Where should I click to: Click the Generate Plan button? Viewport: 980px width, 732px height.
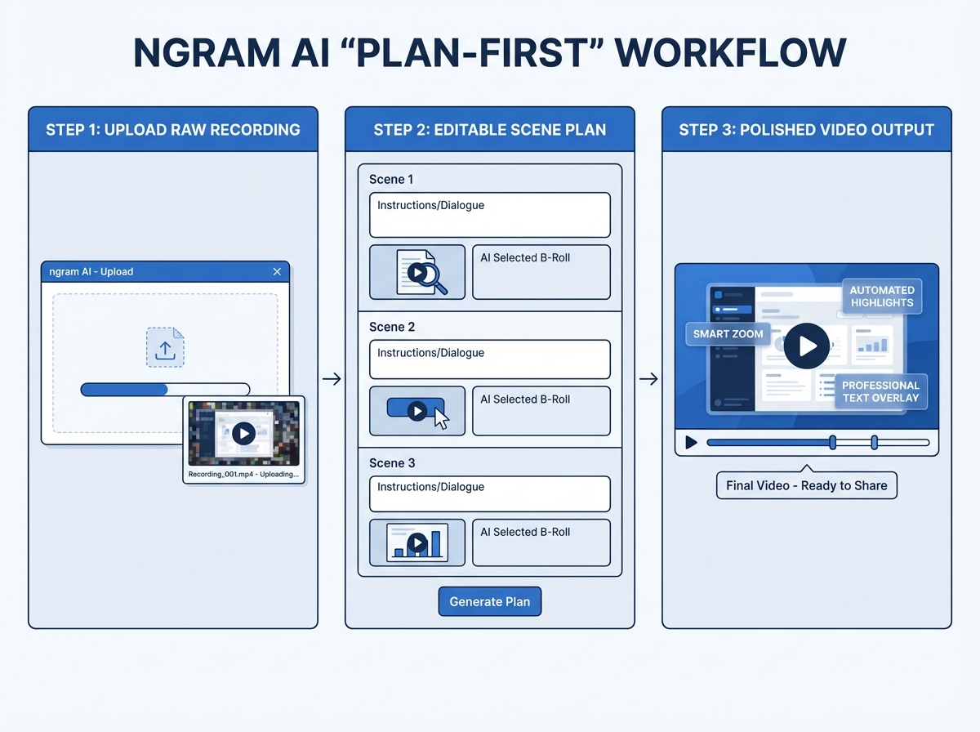point(490,601)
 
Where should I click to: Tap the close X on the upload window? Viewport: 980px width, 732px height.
point(277,272)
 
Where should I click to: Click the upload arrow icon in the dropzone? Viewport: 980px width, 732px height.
point(165,347)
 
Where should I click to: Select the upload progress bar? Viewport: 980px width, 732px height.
point(165,390)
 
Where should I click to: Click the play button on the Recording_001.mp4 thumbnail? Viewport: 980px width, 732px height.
point(243,433)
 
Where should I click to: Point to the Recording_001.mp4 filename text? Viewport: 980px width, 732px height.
point(243,474)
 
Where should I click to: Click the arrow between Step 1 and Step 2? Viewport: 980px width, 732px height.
point(332,379)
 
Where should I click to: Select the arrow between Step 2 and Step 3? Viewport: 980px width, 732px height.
point(648,379)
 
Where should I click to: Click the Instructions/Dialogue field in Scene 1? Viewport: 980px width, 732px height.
point(489,215)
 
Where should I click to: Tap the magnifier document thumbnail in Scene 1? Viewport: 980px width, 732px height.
point(417,272)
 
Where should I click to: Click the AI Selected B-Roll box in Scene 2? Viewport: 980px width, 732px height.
point(541,411)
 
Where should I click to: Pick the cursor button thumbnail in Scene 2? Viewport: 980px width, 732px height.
point(417,411)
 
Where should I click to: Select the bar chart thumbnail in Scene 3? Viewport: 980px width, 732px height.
point(417,542)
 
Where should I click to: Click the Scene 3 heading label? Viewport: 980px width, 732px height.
point(392,463)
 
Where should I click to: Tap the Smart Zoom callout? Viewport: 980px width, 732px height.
point(728,333)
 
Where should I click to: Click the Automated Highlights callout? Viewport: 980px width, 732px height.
point(881,297)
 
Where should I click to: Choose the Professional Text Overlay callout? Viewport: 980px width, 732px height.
point(880,391)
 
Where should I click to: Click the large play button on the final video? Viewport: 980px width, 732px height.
point(807,346)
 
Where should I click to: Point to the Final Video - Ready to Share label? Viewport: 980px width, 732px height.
point(806,485)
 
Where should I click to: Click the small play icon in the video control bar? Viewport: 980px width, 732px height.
point(691,443)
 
